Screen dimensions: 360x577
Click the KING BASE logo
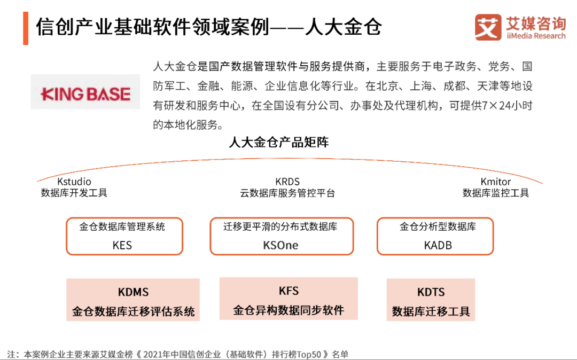click(85, 95)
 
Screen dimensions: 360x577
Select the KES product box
click(124, 236)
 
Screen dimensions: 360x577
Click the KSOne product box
click(281, 236)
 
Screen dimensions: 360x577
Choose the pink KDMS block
click(133, 300)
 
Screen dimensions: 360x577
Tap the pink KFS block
click(288, 299)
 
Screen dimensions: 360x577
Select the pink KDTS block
click(431, 300)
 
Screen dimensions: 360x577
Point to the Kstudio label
click(74, 182)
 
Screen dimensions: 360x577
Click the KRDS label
click(287, 182)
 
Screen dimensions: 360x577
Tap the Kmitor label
click(496, 182)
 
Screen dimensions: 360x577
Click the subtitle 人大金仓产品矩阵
click(278, 142)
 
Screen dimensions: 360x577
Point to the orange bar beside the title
click(26, 27)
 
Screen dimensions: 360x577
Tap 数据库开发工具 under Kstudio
click(74, 193)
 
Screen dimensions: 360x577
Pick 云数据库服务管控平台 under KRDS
click(287, 193)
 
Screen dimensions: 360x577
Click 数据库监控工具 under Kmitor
click(496, 193)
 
